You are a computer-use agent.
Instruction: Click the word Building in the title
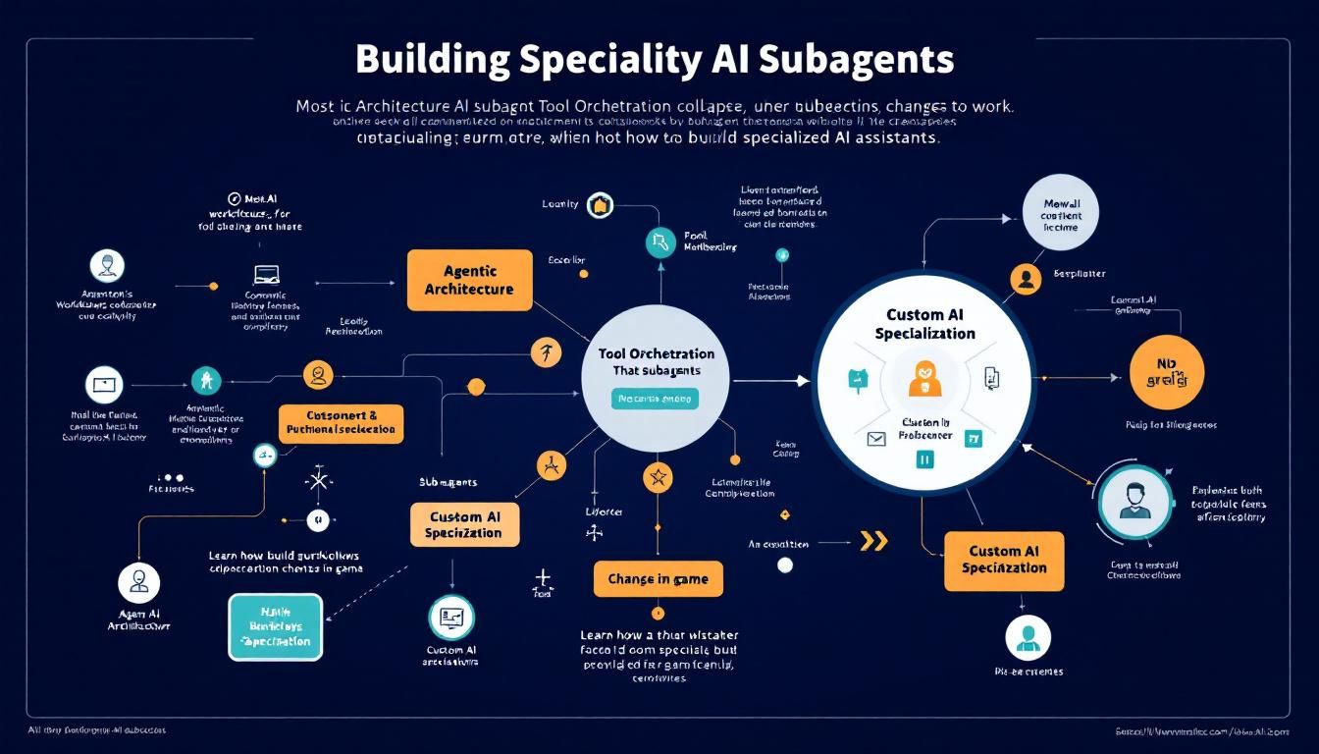tap(432, 59)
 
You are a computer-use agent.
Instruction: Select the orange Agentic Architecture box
tap(469, 280)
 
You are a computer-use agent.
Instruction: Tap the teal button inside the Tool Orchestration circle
tap(655, 398)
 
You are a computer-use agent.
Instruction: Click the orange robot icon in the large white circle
tap(924, 378)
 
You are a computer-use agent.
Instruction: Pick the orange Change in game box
tap(658, 578)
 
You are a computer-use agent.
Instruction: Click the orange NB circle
tap(1166, 372)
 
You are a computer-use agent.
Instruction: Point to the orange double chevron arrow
tap(872, 541)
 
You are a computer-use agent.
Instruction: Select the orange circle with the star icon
tap(658, 478)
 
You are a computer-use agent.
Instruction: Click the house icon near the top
tap(600, 205)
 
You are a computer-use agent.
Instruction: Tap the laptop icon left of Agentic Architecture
tap(266, 275)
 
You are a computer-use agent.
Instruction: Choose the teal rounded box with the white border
tap(275, 626)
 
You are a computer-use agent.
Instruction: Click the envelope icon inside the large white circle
tap(876, 439)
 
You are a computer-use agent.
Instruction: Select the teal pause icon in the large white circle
tap(923, 458)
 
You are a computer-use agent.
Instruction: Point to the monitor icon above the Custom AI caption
tap(452, 619)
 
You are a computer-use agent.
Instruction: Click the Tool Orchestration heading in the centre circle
tap(656, 353)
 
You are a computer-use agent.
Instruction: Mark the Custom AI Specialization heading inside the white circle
tap(924, 324)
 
